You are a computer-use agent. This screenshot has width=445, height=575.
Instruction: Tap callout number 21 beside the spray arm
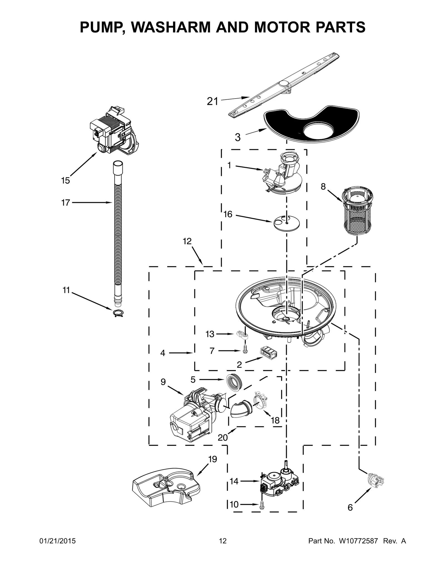(x=212, y=102)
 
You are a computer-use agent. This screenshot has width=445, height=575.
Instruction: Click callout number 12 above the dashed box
(x=187, y=241)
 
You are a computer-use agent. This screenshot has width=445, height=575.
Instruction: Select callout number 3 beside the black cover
(x=238, y=137)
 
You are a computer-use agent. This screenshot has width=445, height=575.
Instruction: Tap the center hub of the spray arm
(x=284, y=84)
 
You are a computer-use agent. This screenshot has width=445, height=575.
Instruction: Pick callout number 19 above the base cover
(x=212, y=459)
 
